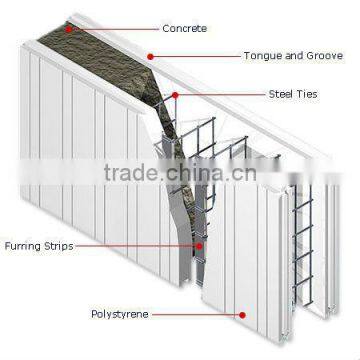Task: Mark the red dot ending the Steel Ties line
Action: coord(175,96)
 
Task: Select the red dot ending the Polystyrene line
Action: coord(240,313)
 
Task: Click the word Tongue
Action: coord(260,56)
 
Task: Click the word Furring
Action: coord(21,243)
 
